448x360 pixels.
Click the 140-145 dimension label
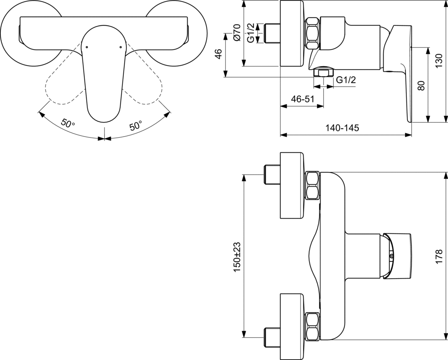click(x=342, y=128)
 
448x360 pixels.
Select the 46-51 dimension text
click(x=302, y=99)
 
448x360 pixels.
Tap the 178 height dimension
click(x=439, y=257)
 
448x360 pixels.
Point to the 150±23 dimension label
click(x=238, y=257)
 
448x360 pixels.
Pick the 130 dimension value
click(x=439, y=60)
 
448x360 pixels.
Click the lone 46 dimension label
click(x=218, y=54)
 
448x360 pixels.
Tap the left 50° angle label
click(x=68, y=124)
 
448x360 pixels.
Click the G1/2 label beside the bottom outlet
click(x=346, y=80)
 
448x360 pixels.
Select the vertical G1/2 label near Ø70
click(x=251, y=33)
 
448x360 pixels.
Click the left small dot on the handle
click(x=87, y=47)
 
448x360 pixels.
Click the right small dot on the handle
click(x=121, y=47)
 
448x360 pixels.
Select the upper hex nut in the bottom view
click(x=312, y=185)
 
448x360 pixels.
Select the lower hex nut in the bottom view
click(x=312, y=327)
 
